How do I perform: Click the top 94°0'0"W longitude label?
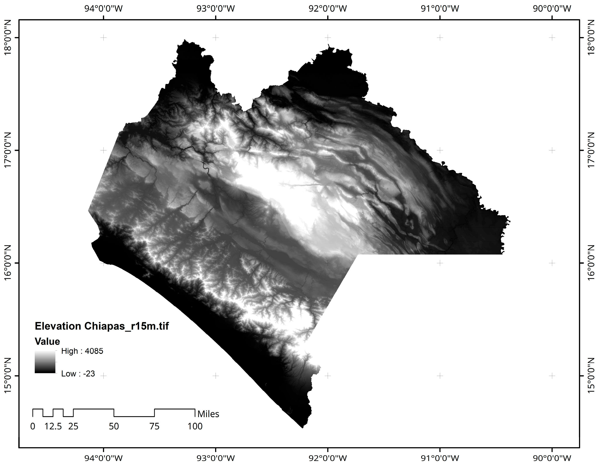103,9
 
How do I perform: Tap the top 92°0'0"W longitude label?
328,9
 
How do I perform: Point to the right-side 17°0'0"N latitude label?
591,150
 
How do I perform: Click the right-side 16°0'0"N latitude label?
591,263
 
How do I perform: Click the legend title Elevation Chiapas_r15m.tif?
102,326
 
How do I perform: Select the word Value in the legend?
47,341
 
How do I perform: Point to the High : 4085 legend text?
82,351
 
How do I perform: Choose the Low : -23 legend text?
78,374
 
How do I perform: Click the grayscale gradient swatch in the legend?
45,362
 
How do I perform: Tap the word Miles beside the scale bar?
208,414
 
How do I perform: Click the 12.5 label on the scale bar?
53,426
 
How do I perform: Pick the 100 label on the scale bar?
195,426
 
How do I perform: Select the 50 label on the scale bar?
114,426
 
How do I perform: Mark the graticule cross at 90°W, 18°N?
552,37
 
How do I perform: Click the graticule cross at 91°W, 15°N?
440,376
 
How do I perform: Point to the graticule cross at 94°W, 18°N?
103,37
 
